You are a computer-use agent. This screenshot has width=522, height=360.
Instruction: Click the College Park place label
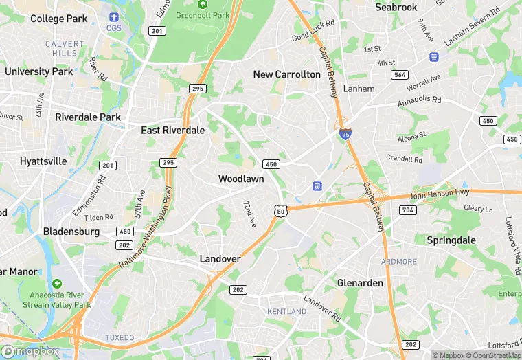(x=59, y=19)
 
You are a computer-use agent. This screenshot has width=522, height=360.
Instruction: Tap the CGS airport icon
(x=113, y=16)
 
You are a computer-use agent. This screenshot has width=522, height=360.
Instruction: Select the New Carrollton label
(x=286, y=74)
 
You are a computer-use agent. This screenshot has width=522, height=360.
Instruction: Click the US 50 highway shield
(x=280, y=211)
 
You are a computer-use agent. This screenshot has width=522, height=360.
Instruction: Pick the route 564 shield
(x=399, y=74)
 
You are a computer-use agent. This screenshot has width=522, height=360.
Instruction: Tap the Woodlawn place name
(x=241, y=179)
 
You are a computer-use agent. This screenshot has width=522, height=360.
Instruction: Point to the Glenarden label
(x=361, y=283)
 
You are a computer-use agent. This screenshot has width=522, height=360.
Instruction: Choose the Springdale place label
(x=451, y=240)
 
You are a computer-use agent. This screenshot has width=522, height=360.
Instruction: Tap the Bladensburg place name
(x=71, y=232)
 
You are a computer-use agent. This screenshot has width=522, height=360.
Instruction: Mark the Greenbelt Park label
(x=202, y=14)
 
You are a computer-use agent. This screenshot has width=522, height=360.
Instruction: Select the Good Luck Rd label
(x=313, y=31)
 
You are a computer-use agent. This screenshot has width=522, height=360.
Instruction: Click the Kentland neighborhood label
(x=286, y=311)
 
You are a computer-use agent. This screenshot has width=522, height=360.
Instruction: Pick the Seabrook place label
(x=396, y=7)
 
